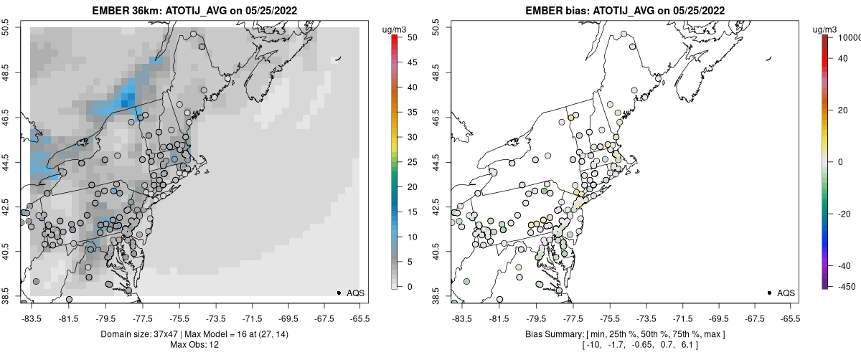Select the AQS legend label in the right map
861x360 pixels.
pyautogui.click(x=786, y=293)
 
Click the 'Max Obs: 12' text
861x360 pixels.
pyautogui.click(x=195, y=345)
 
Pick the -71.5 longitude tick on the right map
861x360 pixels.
pyautogui.click(x=679, y=318)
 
